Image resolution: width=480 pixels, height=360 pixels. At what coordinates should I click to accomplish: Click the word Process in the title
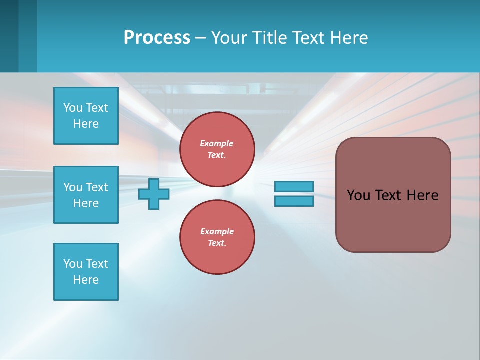[x=157, y=37]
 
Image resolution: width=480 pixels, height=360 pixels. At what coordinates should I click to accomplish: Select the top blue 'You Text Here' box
[x=86, y=116]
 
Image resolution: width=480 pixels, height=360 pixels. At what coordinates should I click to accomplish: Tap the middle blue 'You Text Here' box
[x=86, y=195]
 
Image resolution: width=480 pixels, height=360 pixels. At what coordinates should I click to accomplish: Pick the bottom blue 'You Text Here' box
[x=86, y=272]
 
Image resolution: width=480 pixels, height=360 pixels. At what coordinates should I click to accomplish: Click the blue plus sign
[x=154, y=194]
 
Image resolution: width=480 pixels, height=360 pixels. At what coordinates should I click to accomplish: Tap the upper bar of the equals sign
[x=294, y=186]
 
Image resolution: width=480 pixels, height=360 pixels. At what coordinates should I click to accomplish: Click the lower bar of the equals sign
[x=294, y=201]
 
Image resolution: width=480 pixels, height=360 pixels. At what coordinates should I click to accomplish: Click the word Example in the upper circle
[x=217, y=143]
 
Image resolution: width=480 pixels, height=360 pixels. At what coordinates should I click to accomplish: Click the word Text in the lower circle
[x=216, y=243]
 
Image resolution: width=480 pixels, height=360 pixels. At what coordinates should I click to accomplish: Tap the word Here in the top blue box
[x=86, y=124]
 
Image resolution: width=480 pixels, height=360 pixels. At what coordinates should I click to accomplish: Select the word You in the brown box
[x=358, y=195]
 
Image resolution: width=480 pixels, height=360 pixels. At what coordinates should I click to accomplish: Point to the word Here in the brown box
[x=422, y=195]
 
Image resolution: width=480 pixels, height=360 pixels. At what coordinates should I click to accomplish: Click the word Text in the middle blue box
[x=97, y=187]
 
